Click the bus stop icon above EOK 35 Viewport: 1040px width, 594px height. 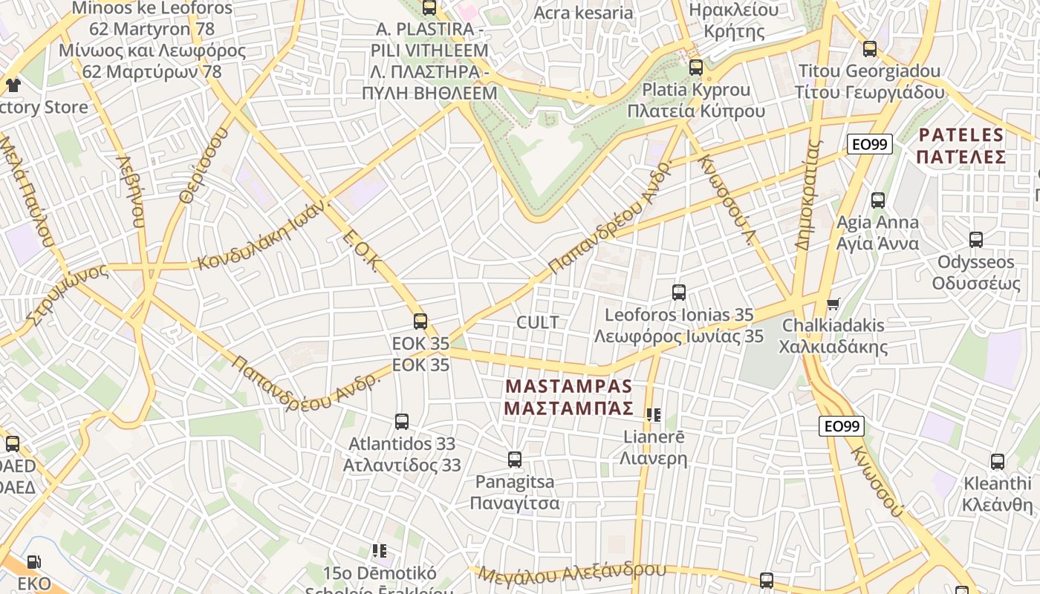tap(420, 322)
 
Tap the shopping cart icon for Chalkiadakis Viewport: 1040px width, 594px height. tap(833, 304)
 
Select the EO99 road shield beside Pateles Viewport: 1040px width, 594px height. tap(870, 144)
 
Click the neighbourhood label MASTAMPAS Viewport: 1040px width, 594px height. tap(568, 387)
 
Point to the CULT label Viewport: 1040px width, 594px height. tap(537, 322)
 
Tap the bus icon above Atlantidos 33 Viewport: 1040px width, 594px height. tap(402, 422)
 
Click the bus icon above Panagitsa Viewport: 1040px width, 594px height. tap(515, 460)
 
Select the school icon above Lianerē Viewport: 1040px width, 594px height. tap(654, 415)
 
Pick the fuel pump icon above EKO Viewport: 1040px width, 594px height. tap(33, 562)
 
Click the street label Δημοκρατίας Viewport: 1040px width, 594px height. tap(809, 195)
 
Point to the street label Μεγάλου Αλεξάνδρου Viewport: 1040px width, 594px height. tap(572, 572)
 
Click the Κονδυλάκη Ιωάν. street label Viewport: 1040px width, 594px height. tap(261, 235)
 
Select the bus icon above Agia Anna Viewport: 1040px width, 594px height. tap(878, 200)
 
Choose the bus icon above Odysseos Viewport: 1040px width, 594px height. tap(976, 240)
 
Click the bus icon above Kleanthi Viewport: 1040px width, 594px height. tap(998, 461)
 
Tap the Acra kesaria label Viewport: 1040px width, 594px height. tap(583, 13)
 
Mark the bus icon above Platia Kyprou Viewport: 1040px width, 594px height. tap(696, 67)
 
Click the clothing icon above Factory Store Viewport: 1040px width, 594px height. tap(13, 85)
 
